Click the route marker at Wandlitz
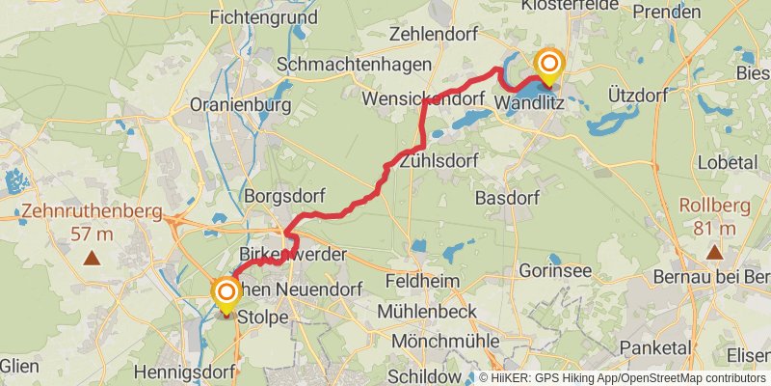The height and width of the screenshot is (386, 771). [x=549, y=67]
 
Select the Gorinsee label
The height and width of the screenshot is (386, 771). [x=555, y=271]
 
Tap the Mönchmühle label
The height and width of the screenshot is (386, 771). [x=445, y=342]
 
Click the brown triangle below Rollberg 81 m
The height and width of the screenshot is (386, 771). [x=714, y=253]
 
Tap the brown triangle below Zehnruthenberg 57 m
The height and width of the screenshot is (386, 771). [x=92, y=258]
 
